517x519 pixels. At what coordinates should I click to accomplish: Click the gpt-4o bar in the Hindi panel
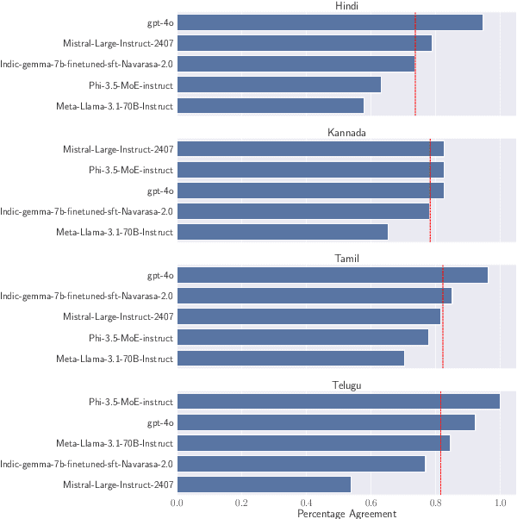[330, 22]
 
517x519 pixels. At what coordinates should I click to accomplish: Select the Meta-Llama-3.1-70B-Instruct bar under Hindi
[271, 106]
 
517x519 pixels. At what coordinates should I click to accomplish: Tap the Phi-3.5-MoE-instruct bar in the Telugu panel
[339, 401]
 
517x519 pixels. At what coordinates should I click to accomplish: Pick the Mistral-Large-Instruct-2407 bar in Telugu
[264, 485]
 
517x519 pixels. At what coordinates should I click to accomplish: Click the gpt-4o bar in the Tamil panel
[333, 275]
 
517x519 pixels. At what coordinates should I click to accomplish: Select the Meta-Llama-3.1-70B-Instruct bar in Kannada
[283, 232]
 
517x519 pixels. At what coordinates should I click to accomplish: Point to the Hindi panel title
[346, 7]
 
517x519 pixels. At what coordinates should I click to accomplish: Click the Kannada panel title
[346, 133]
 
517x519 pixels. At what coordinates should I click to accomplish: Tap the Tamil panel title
[346, 259]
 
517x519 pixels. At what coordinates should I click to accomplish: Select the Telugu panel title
[346, 385]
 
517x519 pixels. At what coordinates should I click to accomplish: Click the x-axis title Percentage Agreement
[346, 513]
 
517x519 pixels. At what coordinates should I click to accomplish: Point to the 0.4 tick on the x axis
[306, 502]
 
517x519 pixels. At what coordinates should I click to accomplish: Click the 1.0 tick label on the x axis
[500, 502]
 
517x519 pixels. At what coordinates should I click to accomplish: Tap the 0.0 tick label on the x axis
[178, 502]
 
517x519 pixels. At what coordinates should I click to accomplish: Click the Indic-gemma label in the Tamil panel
[87, 296]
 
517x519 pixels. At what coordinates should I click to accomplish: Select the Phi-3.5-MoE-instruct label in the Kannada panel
[131, 170]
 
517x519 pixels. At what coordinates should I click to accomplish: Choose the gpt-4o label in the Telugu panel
[160, 422]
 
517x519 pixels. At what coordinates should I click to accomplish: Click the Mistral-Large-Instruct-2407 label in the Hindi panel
[118, 43]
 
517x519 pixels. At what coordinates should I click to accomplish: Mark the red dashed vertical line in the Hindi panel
[415, 65]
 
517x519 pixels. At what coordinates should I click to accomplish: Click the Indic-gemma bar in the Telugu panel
[302, 464]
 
